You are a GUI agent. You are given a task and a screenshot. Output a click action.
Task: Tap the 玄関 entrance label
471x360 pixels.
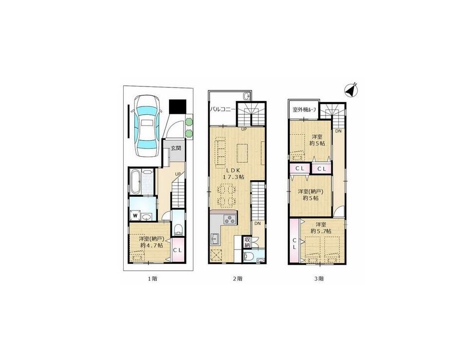tap(176, 148)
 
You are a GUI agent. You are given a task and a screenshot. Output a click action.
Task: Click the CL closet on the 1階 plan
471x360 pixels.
tap(177, 250)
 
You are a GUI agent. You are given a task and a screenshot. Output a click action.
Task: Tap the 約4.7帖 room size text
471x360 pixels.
tap(151, 245)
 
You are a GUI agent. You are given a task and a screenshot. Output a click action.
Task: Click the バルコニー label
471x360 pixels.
tap(223, 109)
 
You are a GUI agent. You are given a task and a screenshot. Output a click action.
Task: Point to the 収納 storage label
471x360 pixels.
tap(247, 242)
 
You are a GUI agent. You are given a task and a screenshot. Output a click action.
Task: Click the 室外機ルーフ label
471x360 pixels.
tap(304, 109)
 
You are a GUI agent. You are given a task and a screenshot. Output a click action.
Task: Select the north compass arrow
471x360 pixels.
tap(350, 90)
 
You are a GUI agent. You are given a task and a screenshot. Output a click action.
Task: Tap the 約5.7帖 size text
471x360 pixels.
tap(321, 231)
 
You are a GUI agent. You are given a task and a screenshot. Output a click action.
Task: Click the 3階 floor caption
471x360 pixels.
tap(319, 278)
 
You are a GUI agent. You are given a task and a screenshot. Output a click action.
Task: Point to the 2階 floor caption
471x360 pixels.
tap(237, 278)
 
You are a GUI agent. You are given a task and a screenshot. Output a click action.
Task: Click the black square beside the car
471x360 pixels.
tap(177, 106)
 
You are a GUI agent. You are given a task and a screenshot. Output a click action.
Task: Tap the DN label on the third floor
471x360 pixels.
tap(339, 131)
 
